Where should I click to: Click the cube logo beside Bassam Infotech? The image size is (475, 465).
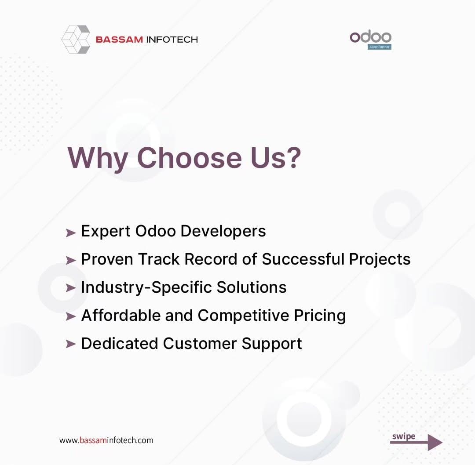[x=76, y=40]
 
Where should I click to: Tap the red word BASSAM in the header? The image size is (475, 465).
[x=119, y=40]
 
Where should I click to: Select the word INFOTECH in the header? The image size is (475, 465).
[x=172, y=40]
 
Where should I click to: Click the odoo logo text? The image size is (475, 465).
[x=370, y=37]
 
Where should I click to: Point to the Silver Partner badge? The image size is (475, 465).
[x=380, y=47]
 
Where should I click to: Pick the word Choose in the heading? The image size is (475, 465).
[x=190, y=157]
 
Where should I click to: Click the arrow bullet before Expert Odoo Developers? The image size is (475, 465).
[x=70, y=233]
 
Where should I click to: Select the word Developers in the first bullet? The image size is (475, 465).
[x=223, y=232]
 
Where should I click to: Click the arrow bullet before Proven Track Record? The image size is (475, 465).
[x=70, y=260]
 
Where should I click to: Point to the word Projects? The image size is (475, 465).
[x=380, y=260]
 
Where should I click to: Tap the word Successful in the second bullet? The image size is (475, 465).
[x=303, y=259]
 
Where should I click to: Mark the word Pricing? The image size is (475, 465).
[x=320, y=316]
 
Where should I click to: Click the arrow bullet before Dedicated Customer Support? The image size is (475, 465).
[x=70, y=344]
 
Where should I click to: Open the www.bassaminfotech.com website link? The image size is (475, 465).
[x=106, y=440]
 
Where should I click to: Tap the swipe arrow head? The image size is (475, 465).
[x=435, y=442]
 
